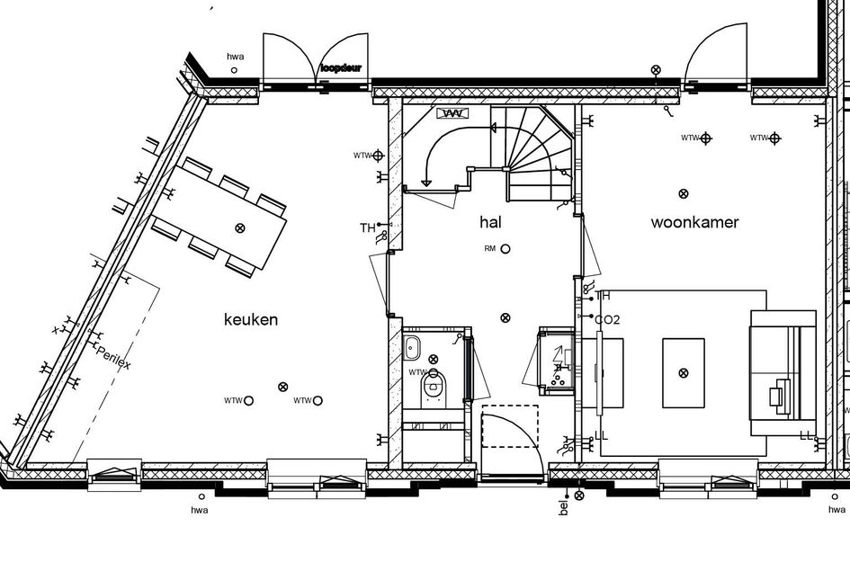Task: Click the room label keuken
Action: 251,319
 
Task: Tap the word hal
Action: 491,222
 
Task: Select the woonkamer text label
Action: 694,222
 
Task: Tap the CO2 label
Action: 607,319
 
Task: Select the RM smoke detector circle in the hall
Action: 506,248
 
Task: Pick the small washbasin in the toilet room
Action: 415,347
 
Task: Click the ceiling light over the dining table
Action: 239,227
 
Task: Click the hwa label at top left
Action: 235,56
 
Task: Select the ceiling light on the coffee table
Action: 684,372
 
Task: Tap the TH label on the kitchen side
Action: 367,227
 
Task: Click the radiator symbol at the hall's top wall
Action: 453,113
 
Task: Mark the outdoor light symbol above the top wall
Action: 655,70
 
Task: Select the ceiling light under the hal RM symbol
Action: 506,317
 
